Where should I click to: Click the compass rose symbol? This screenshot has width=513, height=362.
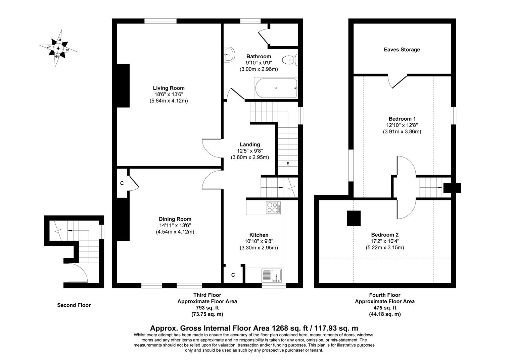coord(58,49)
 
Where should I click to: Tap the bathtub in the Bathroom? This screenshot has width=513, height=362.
coord(276,88)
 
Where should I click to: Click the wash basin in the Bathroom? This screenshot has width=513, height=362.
coord(229,54)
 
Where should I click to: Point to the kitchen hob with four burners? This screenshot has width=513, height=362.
coord(274,207)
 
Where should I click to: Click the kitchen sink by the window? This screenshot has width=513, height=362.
coord(273,275)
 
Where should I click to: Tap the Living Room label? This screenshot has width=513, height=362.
coord(169,88)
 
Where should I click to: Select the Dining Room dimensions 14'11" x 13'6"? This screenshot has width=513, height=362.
coord(175,226)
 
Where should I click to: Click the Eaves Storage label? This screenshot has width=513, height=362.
coord(402,50)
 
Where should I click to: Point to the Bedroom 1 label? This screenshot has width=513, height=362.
coord(402,119)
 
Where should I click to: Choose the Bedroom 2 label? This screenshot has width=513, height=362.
coord(384,235)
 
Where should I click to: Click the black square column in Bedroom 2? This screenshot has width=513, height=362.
coord(354,218)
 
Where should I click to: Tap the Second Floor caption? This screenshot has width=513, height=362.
coord(74,305)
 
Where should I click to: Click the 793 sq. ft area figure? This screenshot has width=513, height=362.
coord(207,308)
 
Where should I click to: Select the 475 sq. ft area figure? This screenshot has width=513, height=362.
coord(385,308)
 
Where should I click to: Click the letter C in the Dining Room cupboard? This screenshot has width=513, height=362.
coord(122,183)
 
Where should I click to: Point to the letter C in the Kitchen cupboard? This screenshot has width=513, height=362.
coord(233,275)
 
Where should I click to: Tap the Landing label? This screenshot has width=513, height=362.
coord(250,144)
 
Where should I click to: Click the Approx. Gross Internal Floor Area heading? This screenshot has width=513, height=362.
coord(254,328)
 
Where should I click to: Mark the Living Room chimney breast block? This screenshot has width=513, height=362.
coord(123,85)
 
